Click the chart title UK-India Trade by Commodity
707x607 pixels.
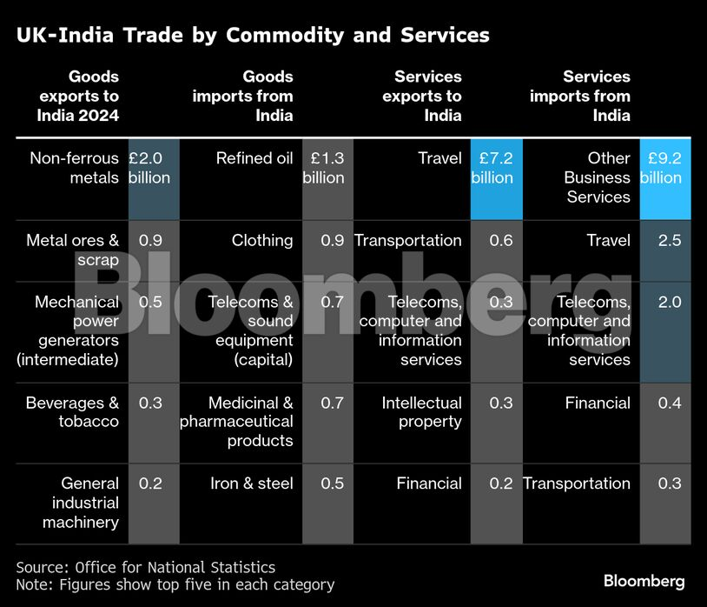(253, 36)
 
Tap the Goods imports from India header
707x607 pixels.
(243, 96)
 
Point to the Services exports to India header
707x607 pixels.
(422, 96)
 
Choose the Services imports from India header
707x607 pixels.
(580, 96)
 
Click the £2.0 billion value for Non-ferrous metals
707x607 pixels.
(149, 168)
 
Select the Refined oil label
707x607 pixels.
(254, 158)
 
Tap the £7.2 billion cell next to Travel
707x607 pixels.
(492, 168)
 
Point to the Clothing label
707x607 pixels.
(262, 240)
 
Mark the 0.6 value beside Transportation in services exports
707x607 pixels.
(501, 240)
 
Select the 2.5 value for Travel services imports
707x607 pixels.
(670, 240)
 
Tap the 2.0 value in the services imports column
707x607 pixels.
(670, 303)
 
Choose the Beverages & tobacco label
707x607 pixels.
(73, 412)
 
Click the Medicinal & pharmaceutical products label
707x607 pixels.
(237, 422)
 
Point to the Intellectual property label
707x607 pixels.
(421, 412)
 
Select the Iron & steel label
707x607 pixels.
(252, 484)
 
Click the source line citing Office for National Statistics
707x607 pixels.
(146, 567)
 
